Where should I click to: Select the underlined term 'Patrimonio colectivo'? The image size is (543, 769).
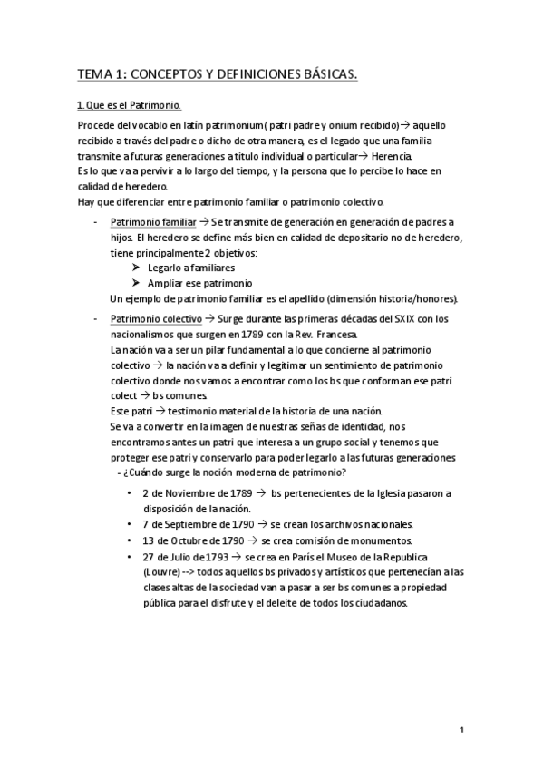tap(155, 319)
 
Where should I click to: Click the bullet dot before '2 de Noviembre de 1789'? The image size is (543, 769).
tap(132, 493)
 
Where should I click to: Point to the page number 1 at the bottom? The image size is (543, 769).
tap(461, 730)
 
